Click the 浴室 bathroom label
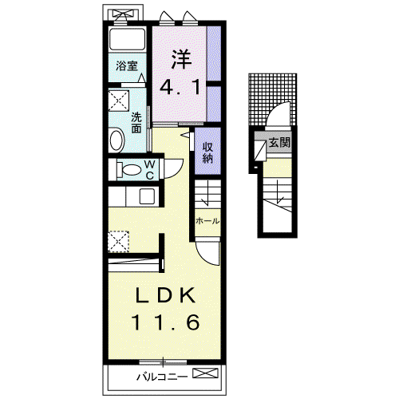[x=127, y=65]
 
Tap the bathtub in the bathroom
[x=128, y=38]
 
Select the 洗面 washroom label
[x=136, y=123]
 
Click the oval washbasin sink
[x=117, y=140]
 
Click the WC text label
[x=150, y=170]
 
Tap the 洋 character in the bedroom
[x=181, y=60]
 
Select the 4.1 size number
[x=180, y=87]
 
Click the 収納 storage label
[x=207, y=152]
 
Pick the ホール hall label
[x=207, y=221]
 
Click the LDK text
[x=165, y=294]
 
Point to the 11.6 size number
[x=165, y=322]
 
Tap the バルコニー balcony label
[x=162, y=377]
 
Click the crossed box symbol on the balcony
[x=205, y=373]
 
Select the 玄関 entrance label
[x=279, y=143]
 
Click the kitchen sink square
[x=148, y=196]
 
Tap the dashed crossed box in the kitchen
[x=119, y=242]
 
